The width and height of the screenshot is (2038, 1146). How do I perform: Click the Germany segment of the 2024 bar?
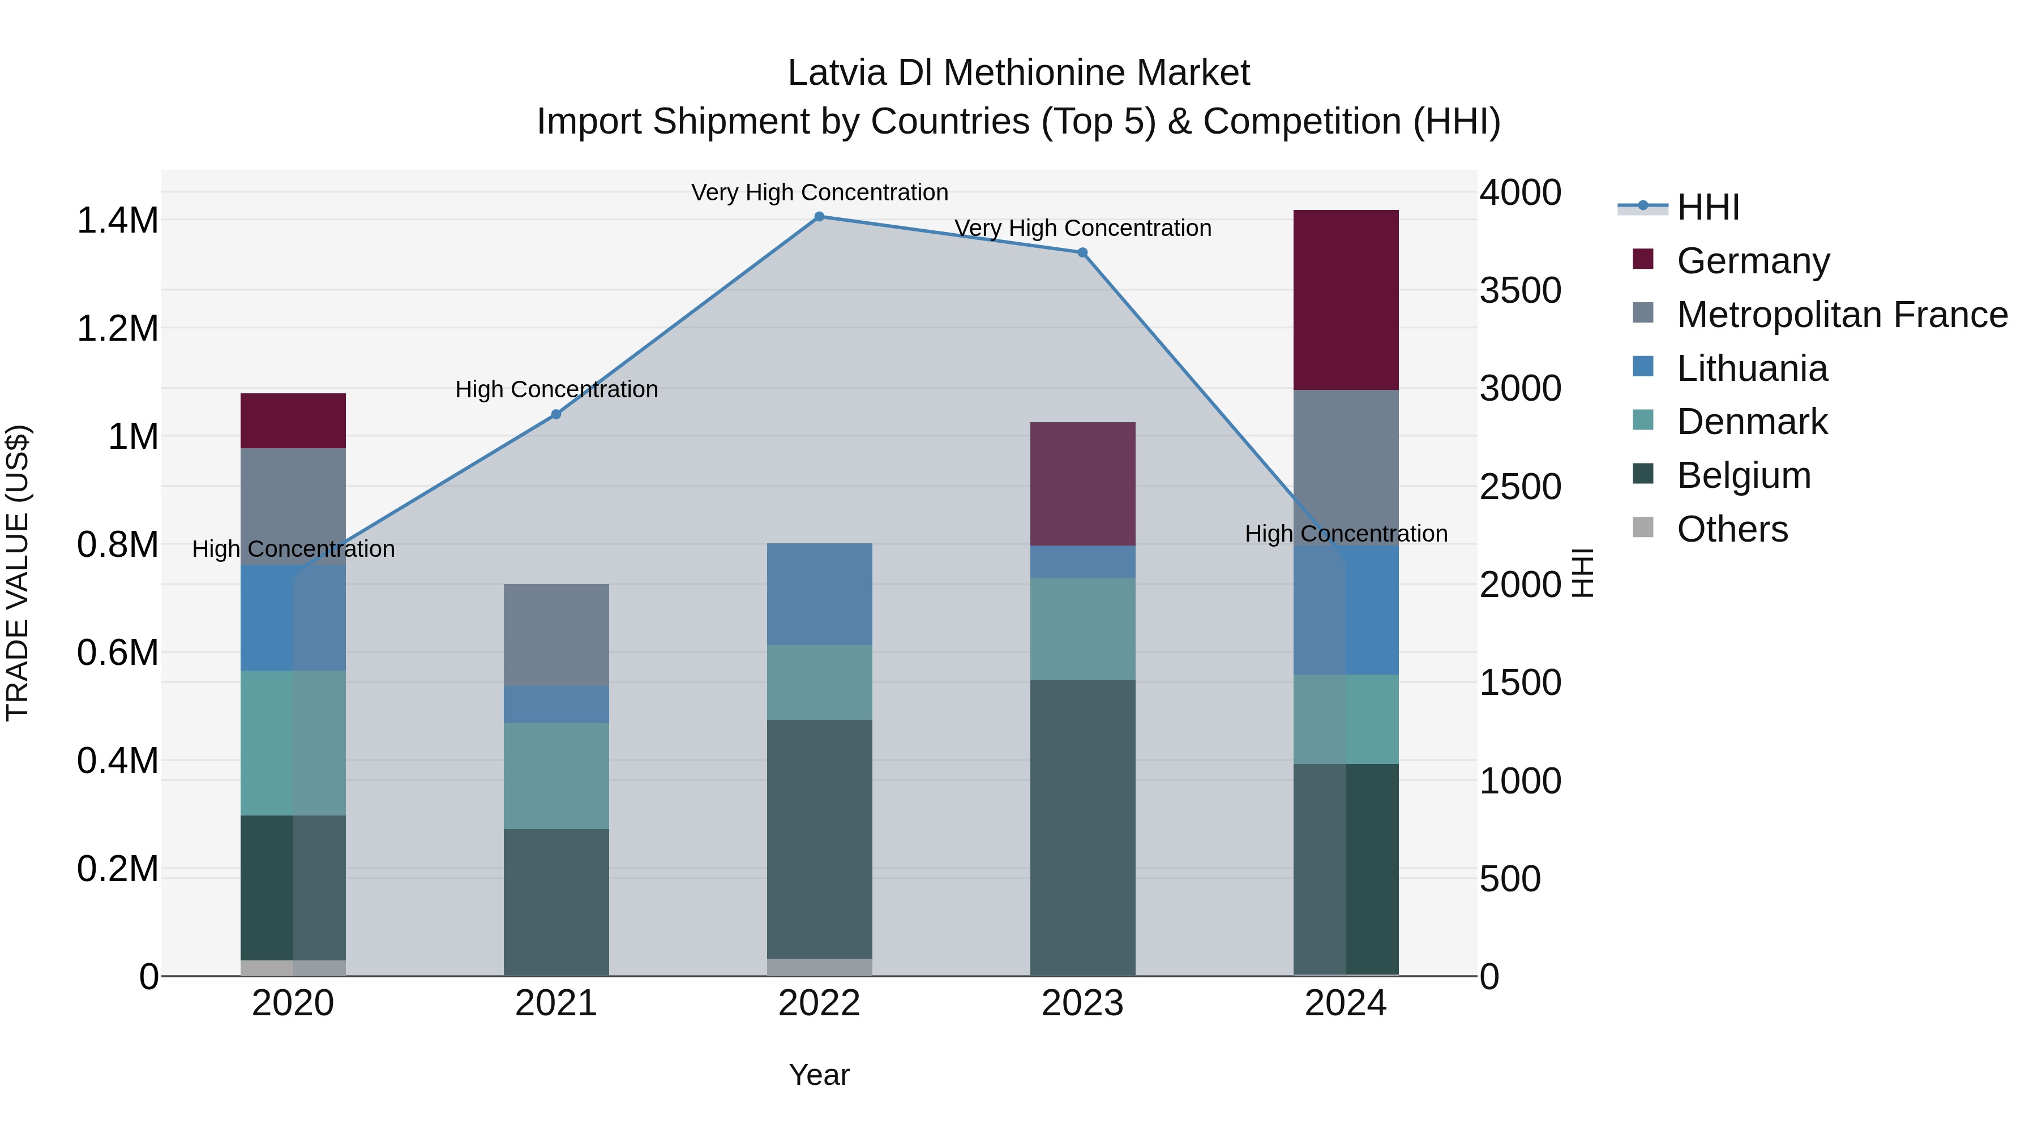point(1346,300)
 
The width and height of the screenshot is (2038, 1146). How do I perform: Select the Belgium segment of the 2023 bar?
point(1082,827)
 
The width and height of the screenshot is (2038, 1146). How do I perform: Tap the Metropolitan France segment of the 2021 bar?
point(556,635)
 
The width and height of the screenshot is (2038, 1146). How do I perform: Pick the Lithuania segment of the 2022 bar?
point(820,594)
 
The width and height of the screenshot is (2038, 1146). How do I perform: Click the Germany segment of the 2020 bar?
point(293,420)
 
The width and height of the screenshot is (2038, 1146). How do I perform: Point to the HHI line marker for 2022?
point(820,217)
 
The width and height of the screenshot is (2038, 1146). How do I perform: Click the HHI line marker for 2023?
point(1082,253)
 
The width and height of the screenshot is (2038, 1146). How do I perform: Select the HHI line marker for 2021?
point(556,414)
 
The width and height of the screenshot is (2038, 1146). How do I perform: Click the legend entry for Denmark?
point(1751,422)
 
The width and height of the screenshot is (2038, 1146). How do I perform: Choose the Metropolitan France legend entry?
point(1841,315)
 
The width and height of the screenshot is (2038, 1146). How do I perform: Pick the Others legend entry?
point(1731,529)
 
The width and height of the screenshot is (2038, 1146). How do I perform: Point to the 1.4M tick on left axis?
point(117,221)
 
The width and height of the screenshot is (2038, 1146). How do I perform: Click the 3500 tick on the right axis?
point(1520,290)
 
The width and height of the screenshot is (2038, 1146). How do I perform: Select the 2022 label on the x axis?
point(820,1003)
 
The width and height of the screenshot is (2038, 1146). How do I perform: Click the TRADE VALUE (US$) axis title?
point(18,573)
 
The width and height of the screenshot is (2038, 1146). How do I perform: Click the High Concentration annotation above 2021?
point(556,389)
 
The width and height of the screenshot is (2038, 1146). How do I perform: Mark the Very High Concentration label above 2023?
point(1082,228)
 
